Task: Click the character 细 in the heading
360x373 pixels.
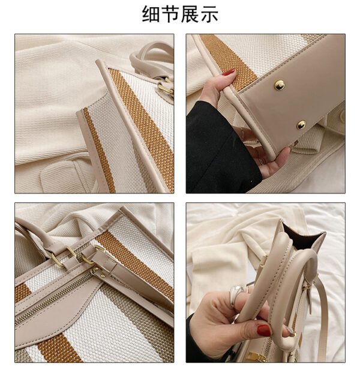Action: pyautogui.click(x=151, y=14)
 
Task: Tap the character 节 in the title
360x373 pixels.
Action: pyautogui.click(x=170, y=14)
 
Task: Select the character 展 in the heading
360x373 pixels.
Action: pyautogui.click(x=190, y=14)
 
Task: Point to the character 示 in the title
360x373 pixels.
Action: pyautogui.click(x=209, y=14)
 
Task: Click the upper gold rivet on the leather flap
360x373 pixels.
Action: pyautogui.click(x=279, y=85)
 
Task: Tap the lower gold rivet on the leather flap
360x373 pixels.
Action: pyautogui.click(x=301, y=125)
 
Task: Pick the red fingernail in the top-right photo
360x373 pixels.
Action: pyautogui.click(x=228, y=72)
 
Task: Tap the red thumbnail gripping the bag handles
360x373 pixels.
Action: pyautogui.click(x=264, y=330)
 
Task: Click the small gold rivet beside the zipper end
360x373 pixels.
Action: pyautogui.click(x=103, y=276)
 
